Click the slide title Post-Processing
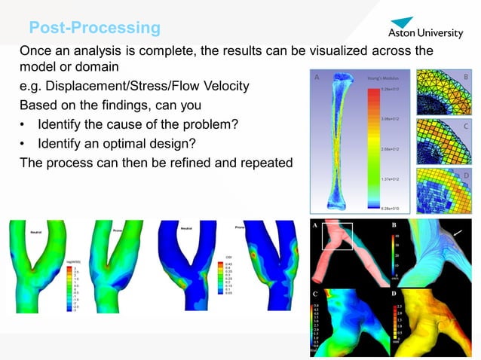[x=94, y=29]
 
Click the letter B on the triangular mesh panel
[x=466, y=78]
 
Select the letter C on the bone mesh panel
[x=466, y=126]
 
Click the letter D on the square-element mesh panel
[x=466, y=175]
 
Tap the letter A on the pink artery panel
[x=314, y=225]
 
